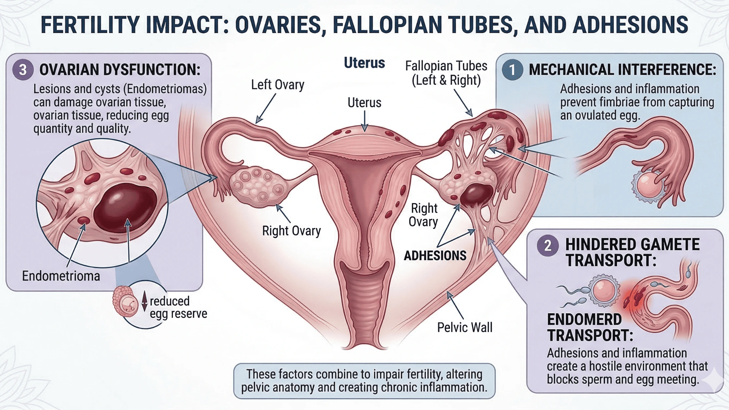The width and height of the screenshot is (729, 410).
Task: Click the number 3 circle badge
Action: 23,70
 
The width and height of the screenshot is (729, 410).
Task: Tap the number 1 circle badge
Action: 512,70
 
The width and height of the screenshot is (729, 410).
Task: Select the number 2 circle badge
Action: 548,245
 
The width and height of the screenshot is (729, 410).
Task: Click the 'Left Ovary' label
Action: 277,85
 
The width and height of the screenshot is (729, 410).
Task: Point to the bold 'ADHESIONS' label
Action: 435,256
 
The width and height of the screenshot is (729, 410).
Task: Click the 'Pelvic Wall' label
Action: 464,327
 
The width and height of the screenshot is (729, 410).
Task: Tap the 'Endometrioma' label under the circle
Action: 61,276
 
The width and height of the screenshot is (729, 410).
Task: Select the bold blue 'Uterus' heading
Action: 364,63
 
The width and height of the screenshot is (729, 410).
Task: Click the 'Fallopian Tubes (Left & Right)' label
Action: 446,73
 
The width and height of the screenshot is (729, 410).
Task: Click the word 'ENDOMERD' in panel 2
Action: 584,320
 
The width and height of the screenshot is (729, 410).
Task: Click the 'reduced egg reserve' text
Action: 178,307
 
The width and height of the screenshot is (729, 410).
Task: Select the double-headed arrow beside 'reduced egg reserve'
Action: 144,301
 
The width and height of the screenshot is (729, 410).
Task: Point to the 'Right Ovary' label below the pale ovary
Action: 291,231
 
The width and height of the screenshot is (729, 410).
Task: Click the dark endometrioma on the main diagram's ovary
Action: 476,194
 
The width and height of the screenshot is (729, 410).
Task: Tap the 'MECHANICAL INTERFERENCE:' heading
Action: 622,70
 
